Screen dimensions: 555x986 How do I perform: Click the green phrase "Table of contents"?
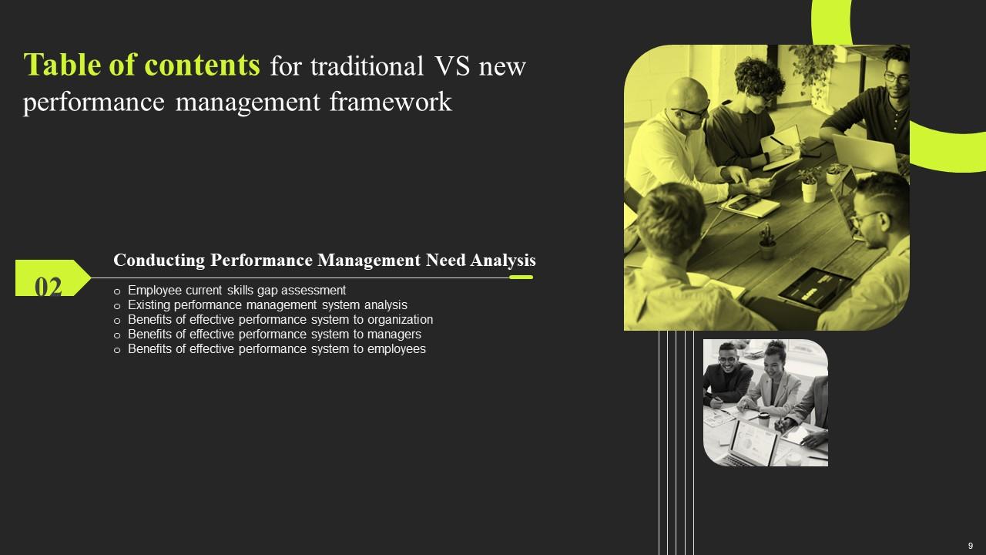point(142,66)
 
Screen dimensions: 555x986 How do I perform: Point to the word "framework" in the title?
point(401,102)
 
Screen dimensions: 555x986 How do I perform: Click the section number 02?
point(49,287)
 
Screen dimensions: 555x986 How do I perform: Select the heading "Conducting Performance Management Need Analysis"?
point(324,261)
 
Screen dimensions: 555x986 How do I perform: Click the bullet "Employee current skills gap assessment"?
point(236,291)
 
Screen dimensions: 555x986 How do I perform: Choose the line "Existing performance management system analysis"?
point(267,305)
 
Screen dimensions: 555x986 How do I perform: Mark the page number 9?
point(970,546)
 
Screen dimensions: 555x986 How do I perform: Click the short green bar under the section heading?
point(521,277)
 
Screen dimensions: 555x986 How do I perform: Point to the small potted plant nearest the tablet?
point(767,242)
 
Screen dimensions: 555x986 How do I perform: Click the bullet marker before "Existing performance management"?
point(117,306)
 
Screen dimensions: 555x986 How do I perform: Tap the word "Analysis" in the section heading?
point(503,261)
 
